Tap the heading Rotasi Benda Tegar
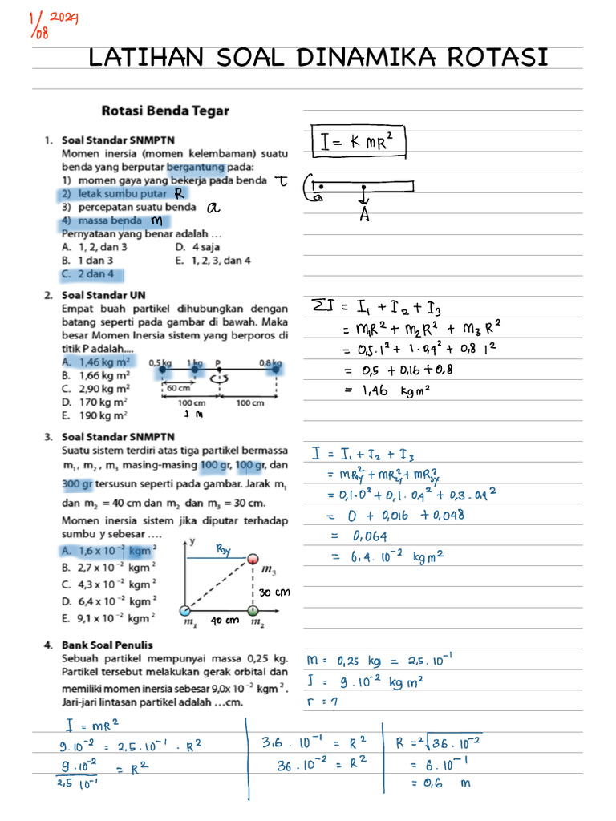point(165,111)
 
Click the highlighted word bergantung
point(195,167)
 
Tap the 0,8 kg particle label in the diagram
point(269,363)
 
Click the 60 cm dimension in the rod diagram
point(178,388)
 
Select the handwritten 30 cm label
point(274,592)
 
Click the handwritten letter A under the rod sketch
point(364,215)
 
